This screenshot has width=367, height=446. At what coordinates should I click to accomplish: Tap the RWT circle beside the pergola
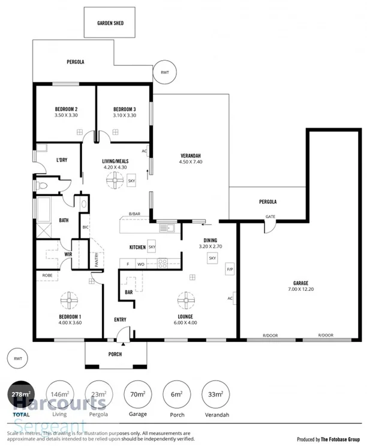coord(164,72)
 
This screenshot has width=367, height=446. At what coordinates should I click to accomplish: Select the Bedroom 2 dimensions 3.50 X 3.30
coord(66,115)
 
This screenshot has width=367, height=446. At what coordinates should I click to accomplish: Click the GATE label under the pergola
coord(271,216)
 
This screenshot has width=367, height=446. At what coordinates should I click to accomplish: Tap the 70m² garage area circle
coord(138,394)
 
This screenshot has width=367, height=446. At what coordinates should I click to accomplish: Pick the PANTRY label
coord(97,259)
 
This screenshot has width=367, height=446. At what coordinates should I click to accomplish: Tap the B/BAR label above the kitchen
coord(135,214)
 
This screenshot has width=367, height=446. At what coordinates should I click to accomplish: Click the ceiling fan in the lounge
coord(186,299)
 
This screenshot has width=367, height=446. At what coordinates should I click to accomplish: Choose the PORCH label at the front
coord(115,354)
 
